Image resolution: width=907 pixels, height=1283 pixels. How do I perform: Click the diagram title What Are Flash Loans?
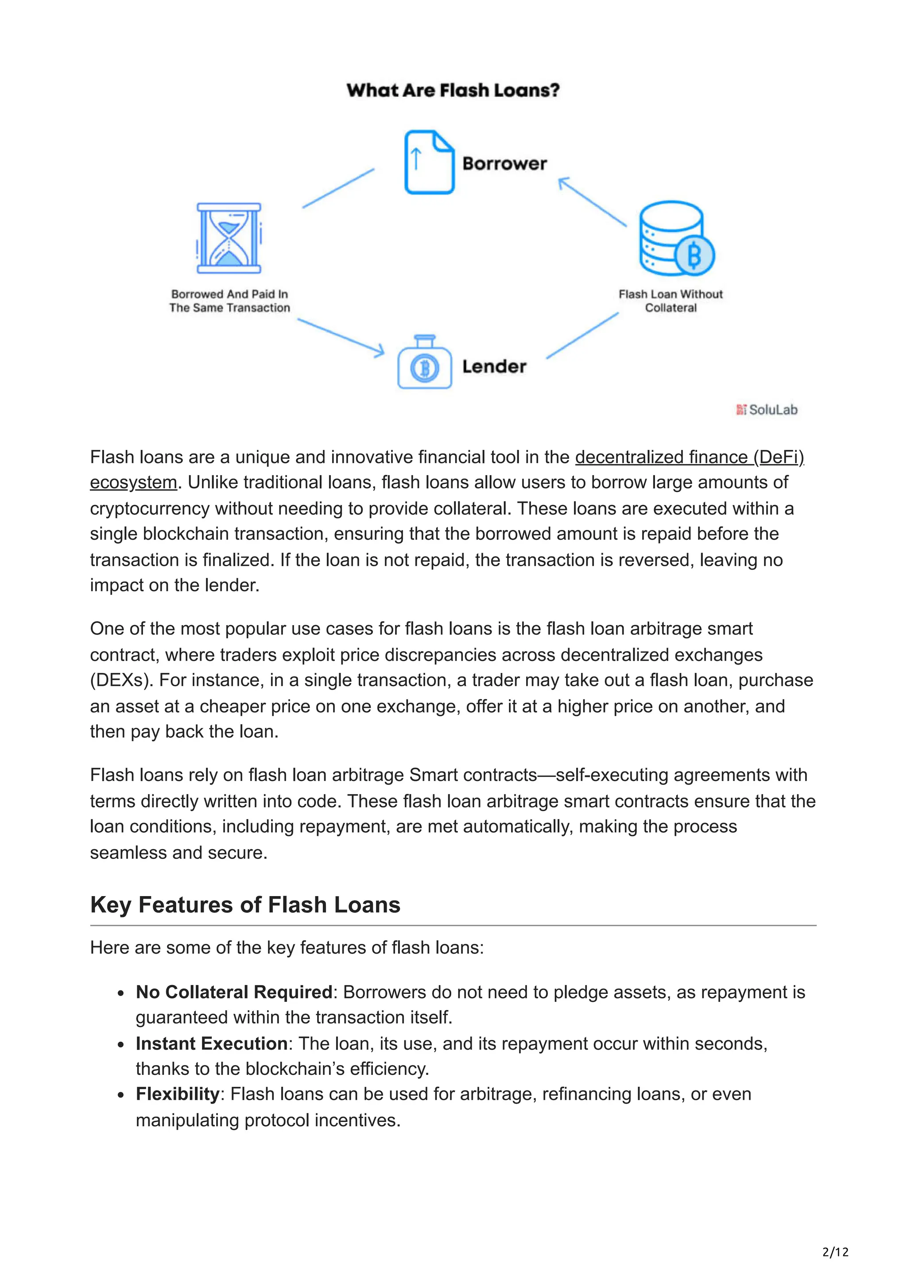[x=453, y=90]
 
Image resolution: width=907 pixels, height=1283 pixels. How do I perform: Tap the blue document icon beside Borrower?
[x=429, y=162]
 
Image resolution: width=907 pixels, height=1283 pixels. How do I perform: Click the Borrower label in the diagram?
[x=504, y=163]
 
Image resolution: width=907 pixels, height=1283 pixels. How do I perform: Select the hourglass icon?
[x=229, y=238]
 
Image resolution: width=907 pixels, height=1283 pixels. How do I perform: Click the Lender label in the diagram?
[x=494, y=367]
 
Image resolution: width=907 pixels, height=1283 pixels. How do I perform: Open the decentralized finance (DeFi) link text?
[x=689, y=457]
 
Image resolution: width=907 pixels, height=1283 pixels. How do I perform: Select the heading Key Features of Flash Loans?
[x=245, y=904]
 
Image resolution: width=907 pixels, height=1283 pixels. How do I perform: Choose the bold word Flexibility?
[x=177, y=1094]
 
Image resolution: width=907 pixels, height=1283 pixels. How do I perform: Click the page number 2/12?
[x=835, y=1252]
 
